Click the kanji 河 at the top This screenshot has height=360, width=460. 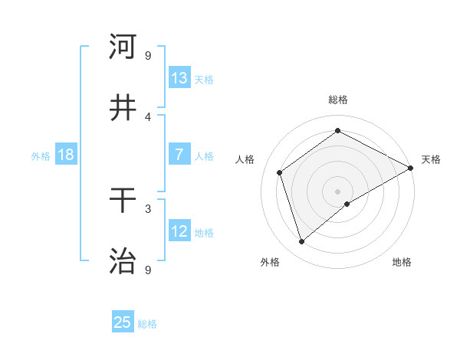pos(123,47)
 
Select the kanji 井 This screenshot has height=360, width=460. pos(123,108)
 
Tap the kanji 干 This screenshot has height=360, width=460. pos(123,201)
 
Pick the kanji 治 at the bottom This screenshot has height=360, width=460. pos(123,261)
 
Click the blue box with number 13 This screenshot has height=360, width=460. pos(179,78)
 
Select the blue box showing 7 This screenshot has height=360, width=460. pos(179,155)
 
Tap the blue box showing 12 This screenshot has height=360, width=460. pos(179,231)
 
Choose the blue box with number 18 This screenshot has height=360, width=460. pos(66,155)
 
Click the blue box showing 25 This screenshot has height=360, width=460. pos(123,322)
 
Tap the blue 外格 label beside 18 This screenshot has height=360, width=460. pos(41,155)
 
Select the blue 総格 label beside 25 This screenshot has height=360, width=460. pos(147,324)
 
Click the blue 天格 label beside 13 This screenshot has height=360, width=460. pos(204,79)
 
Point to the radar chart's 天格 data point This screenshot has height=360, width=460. pos(411,169)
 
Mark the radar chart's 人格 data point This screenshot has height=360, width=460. pos(280,172)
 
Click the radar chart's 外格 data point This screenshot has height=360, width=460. pos(301,242)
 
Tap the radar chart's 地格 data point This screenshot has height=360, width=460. pos(347,204)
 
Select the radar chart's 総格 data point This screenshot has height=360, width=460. pos(337,131)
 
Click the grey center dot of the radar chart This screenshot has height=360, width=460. pos(337,191)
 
